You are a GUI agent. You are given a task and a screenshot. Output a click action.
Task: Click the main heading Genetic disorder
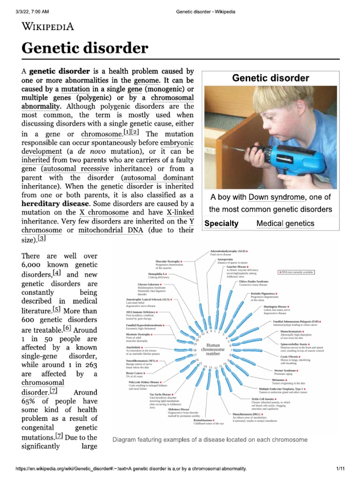[x=85, y=48]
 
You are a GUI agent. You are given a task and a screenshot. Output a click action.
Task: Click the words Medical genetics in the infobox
[x=285, y=224]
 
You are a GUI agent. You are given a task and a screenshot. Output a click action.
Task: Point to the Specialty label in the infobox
[x=221, y=224]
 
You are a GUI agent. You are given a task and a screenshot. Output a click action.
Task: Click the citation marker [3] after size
[x=42, y=239]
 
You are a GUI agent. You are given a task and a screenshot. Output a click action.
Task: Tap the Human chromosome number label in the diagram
[x=212, y=349]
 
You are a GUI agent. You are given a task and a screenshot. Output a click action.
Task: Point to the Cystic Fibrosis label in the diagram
[x=292, y=356]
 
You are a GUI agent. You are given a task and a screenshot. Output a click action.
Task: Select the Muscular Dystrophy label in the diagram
[x=168, y=261]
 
